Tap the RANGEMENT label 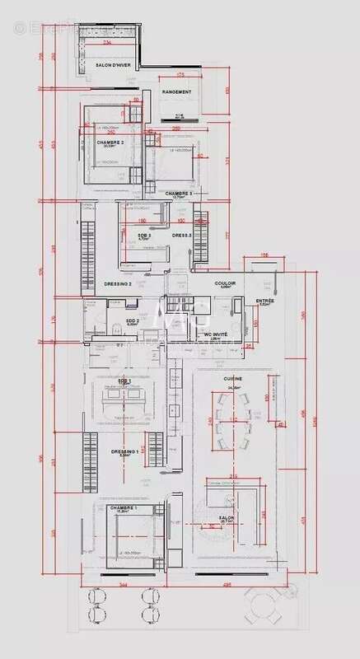click(176, 91)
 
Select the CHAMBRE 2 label click(110, 143)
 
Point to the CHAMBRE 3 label click(178, 194)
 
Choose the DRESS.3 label click(181, 236)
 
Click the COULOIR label click(226, 283)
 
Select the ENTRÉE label click(265, 301)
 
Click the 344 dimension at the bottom click(123, 584)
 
